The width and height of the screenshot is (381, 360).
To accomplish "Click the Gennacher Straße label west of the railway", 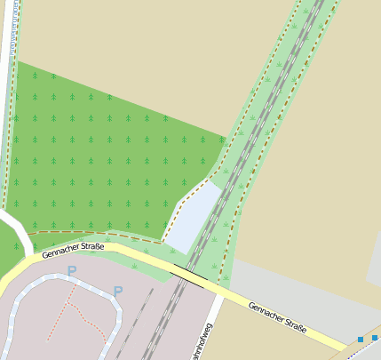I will pyautogui.click(x=73, y=250).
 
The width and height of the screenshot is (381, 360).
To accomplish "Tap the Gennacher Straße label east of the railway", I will pyautogui.click(x=277, y=316).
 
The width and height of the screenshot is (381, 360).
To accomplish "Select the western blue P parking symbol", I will pyautogui.click(x=72, y=270).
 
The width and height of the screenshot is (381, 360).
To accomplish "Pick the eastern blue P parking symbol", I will pyautogui.click(x=117, y=291).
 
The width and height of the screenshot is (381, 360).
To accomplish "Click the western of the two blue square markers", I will pyautogui.click(x=361, y=340).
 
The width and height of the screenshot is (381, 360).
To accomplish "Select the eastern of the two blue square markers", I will pyautogui.click(x=375, y=337).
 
